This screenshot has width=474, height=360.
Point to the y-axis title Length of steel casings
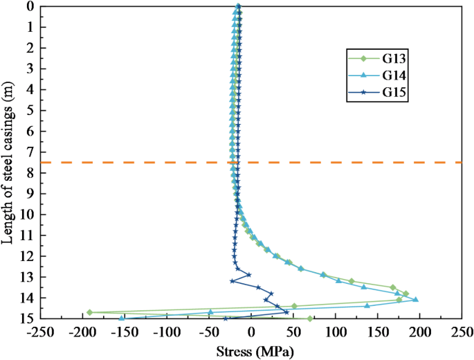(9, 163)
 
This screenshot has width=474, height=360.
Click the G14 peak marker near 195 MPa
(415, 300)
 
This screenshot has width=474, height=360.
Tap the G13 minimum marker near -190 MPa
(89, 313)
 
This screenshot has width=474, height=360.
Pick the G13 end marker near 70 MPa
(310, 318)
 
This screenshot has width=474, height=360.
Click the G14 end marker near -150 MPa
(122, 318)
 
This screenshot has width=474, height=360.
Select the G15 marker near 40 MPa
(286, 312)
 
